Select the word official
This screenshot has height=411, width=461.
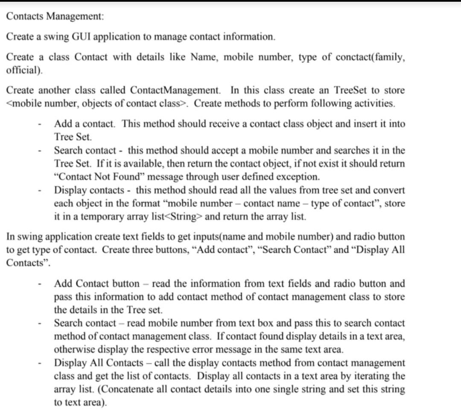(x=23, y=70)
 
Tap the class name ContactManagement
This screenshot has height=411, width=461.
(x=175, y=90)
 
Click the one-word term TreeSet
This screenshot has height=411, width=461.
(x=350, y=90)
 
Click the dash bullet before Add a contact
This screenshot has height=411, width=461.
(x=39, y=125)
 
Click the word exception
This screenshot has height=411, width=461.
(x=302, y=177)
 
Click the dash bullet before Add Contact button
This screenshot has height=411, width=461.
(x=39, y=284)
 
